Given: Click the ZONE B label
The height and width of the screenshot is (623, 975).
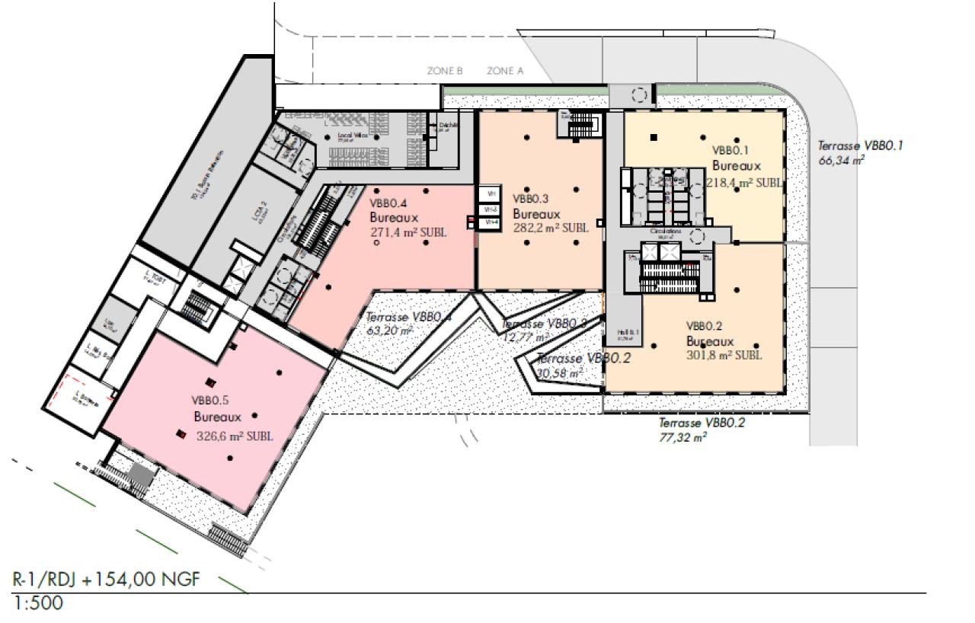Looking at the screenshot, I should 445,71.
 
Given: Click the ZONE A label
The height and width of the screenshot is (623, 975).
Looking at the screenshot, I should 505,71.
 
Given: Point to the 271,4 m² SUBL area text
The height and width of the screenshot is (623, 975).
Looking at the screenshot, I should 408,232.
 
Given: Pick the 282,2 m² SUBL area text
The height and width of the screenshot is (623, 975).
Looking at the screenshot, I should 550,227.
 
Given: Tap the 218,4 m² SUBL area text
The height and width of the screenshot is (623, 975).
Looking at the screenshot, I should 743,183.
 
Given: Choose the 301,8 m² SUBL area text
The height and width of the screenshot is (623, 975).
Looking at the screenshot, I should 724,355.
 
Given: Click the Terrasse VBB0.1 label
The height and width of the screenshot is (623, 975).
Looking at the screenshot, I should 860,145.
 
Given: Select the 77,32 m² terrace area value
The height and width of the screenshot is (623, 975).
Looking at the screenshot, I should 682,437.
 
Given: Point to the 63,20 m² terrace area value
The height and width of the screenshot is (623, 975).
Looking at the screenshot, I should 389,331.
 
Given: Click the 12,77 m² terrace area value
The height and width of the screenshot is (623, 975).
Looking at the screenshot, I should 526,337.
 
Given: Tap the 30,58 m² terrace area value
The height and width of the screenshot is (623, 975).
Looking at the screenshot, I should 560,373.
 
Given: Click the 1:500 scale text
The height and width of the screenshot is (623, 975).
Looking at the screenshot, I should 39,604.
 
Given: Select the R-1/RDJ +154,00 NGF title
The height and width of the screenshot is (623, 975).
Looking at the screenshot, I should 107,580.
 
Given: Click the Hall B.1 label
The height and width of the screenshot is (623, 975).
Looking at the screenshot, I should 624,333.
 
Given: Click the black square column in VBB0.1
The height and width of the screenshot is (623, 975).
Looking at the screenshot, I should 654,137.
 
